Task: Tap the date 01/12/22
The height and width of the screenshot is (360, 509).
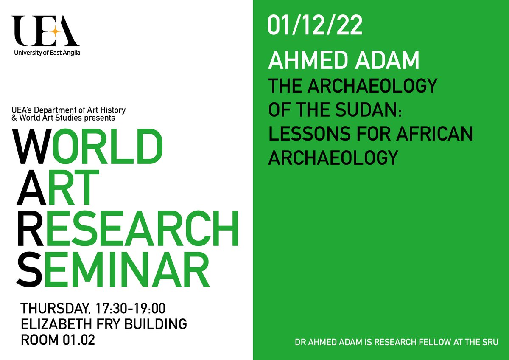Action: pyautogui.click(x=315, y=26)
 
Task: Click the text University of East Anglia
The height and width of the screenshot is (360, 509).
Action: pyautogui.click(x=47, y=53)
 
